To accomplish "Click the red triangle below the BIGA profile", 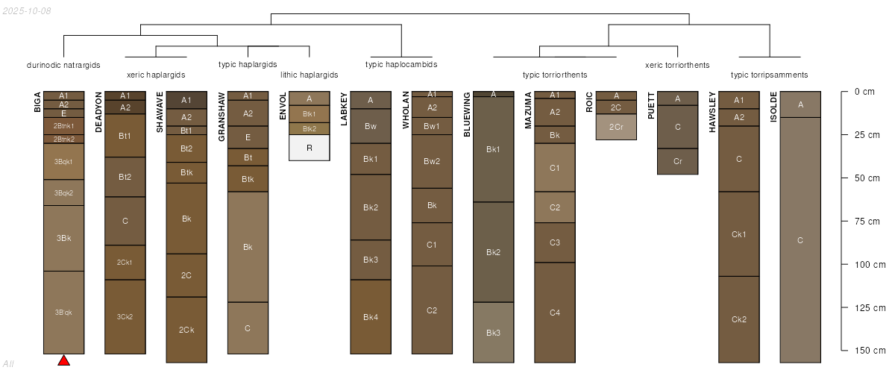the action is point(64,360).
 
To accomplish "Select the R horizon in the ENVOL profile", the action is point(310,148).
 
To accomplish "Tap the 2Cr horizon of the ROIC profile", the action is point(616,127).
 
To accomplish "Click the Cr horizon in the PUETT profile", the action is point(678,162).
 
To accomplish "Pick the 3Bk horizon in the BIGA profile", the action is point(64,238).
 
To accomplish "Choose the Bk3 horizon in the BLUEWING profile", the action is point(494,333).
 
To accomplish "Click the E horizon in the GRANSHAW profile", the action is point(248,137).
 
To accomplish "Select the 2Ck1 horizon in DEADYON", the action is point(125,263).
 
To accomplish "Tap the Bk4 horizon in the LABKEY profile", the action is point(371,317).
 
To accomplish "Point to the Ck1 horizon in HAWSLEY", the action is point(739,234).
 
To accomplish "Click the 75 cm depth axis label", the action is point(867,222).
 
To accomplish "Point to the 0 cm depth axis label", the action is point(864,92).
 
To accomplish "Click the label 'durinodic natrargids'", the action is point(63,65).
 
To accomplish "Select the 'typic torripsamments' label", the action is point(770,75).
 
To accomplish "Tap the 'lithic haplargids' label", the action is point(310,75).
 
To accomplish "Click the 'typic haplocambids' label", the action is point(401,64).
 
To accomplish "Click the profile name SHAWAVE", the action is point(160,112).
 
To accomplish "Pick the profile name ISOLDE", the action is point(773,107).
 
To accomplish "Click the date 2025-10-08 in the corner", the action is point(27,11).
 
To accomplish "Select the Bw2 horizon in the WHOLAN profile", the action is point(432,162).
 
